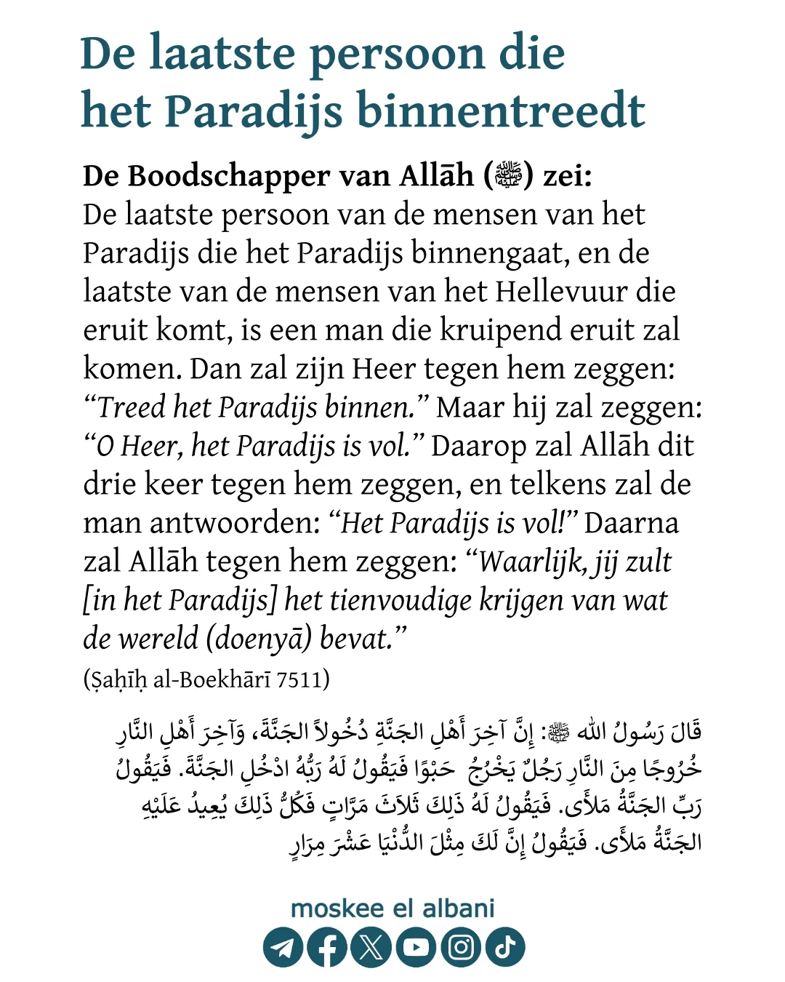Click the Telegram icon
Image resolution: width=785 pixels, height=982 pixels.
(x=283, y=947)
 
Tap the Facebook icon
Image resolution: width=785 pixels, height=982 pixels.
(x=327, y=947)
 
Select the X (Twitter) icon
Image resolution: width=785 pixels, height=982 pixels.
(x=371, y=947)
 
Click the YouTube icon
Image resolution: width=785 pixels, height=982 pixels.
(x=416, y=947)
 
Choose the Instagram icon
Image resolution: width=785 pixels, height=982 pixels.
(x=461, y=947)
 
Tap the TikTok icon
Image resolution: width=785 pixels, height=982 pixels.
(x=505, y=947)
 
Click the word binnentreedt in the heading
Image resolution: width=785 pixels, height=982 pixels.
(x=501, y=111)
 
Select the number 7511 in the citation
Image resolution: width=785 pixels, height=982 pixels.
(x=299, y=679)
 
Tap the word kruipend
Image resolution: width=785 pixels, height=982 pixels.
(x=501, y=330)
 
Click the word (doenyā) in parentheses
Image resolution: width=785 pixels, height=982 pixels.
(x=259, y=639)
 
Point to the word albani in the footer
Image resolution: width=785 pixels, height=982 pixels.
(x=459, y=909)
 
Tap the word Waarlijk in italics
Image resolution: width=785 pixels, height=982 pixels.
(x=532, y=562)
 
